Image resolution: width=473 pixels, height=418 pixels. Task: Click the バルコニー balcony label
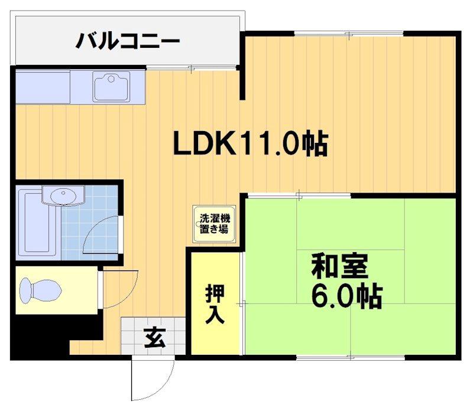click(128, 41)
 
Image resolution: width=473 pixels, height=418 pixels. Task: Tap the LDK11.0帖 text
click(250, 143)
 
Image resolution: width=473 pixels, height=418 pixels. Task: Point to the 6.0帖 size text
click(346, 297)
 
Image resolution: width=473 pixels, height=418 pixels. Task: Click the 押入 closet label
click(214, 304)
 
